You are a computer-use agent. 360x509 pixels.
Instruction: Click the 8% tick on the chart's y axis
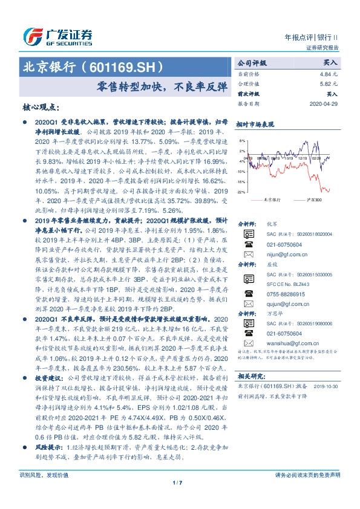coord(243,140)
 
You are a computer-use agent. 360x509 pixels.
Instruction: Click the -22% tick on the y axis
coord(241,192)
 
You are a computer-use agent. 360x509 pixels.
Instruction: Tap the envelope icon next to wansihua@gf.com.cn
coord(249,340)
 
